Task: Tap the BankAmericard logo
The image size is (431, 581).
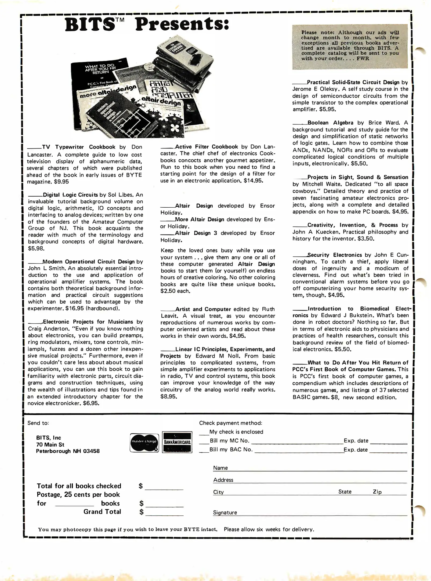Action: coord(177,442)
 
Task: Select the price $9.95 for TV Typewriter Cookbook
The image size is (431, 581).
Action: coord(61,182)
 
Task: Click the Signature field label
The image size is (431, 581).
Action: coord(225,512)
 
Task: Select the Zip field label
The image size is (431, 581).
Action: coord(377,492)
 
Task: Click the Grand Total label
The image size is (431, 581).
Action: coord(102,512)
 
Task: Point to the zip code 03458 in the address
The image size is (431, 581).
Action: coord(91,451)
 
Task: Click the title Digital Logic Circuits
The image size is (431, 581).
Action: coord(70,195)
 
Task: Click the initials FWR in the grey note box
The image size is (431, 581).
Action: coord(363,58)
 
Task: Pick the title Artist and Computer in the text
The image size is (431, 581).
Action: coord(203,309)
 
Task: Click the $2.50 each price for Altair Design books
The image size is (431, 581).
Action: coord(175,291)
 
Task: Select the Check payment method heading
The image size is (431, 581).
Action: coord(230,423)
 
